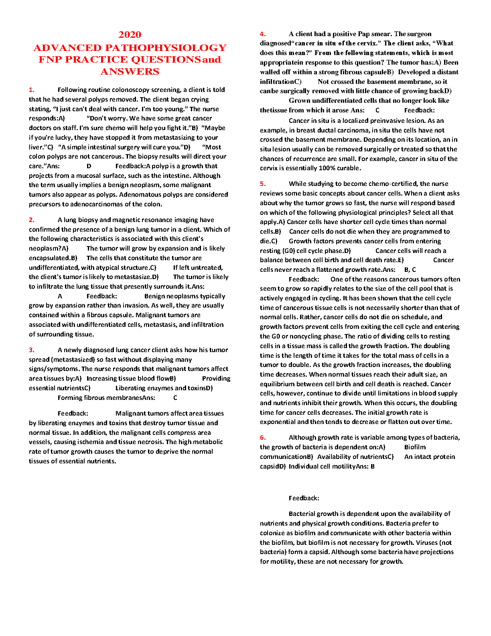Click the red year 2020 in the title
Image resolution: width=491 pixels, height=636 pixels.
point(130,35)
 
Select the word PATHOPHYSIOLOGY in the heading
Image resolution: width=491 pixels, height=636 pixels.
point(166,48)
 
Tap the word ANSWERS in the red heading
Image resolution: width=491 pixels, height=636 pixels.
point(130,71)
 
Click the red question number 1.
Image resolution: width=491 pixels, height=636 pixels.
point(32,90)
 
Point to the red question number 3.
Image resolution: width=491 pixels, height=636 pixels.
point(32,350)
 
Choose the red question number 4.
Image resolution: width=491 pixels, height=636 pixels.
point(263,34)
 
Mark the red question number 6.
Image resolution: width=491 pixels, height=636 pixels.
point(263,438)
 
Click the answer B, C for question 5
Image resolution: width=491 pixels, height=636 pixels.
point(410,270)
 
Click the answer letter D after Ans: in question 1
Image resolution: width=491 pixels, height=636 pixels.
point(89,166)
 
